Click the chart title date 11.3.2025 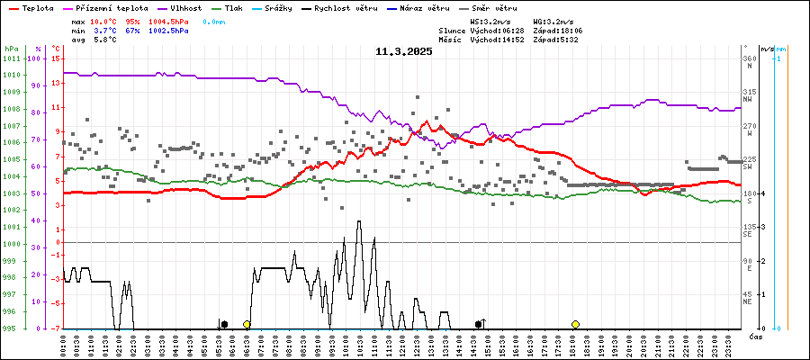[404, 51]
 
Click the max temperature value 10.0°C [104, 20]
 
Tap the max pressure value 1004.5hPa [167, 20]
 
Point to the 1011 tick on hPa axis [11, 58]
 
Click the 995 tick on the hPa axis [11, 328]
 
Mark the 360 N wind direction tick [748, 58]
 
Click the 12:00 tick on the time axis [401, 345]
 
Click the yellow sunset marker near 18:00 [575, 324]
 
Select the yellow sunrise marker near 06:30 [247, 324]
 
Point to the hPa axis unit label [11, 49]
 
